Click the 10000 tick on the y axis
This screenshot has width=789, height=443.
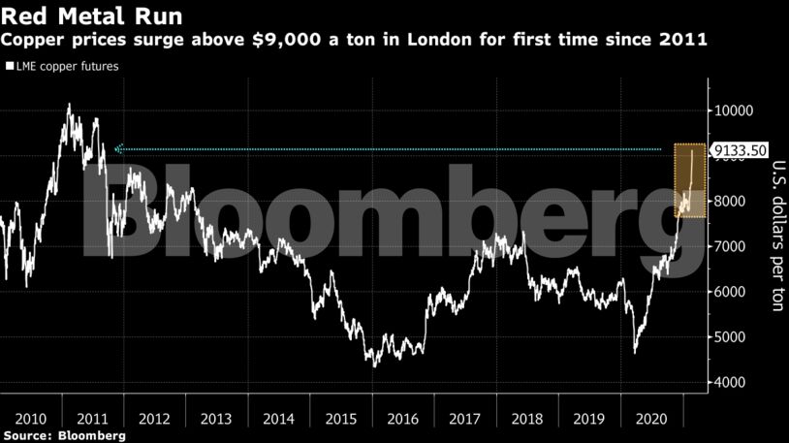(x=735, y=111)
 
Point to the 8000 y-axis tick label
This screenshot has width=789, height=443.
(x=732, y=202)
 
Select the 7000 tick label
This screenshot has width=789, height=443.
(x=732, y=246)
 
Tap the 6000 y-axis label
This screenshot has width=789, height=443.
(x=732, y=292)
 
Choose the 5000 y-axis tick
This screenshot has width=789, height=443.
(x=732, y=337)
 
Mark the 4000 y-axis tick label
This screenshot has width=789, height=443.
(x=732, y=383)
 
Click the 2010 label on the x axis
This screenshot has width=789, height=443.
(x=31, y=419)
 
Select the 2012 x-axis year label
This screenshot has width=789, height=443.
(x=155, y=419)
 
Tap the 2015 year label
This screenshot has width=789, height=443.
(x=341, y=419)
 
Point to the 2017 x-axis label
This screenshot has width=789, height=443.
(x=466, y=419)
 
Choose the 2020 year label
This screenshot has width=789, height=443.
(x=652, y=419)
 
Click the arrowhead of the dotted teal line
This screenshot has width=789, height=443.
(x=117, y=149)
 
